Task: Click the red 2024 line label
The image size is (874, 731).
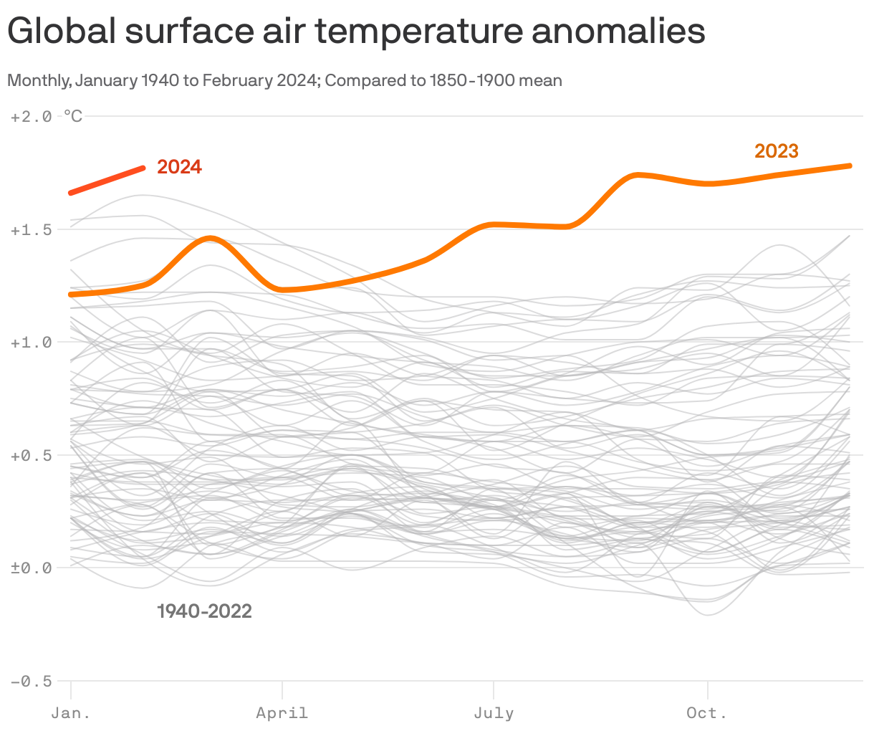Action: [x=179, y=167]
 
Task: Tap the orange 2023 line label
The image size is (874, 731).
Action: [x=776, y=151]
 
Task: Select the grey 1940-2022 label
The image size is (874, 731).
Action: [x=204, y=611]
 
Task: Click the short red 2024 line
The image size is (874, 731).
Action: [x=107, y=181]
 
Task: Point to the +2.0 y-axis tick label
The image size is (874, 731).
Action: [x=31, y=116]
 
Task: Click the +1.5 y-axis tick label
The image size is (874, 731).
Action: [x=31, y=229]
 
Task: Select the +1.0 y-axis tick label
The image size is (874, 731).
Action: [x=31, y=343]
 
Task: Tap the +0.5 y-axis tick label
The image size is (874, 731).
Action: [x=31, y=455]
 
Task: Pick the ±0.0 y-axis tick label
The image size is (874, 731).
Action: [x=31, y=568]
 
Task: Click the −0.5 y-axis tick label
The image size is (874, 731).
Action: [x=31, y=681]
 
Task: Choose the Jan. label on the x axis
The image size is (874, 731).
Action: [x=70, y=713]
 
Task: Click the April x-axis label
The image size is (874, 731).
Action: [x=282, y=713]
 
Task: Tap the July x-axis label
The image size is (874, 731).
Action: [x=494, y=713]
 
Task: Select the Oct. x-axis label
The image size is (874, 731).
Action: [x=706, y=713]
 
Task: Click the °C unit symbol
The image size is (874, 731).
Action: [x=73, y=116]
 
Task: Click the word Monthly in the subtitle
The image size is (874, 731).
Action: [x=37, y=80]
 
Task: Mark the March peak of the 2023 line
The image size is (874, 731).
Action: [x=210, y=238]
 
